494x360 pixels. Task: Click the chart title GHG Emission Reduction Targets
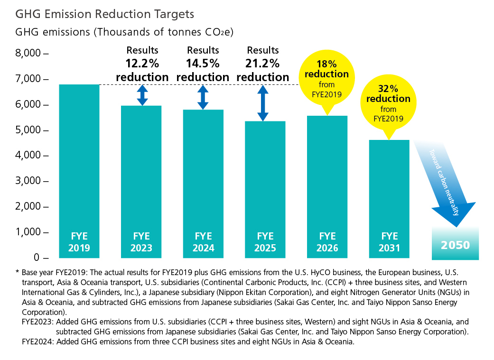pos(105,14)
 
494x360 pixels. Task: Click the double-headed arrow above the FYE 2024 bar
pos(203,97)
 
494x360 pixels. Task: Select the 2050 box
pos(455,245)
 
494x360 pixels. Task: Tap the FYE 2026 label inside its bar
pos(327,242)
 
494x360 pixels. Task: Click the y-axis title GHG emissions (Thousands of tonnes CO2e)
pos(125,33)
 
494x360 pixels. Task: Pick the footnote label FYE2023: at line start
pos(37,322)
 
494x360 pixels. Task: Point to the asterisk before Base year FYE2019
pos(18,273)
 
